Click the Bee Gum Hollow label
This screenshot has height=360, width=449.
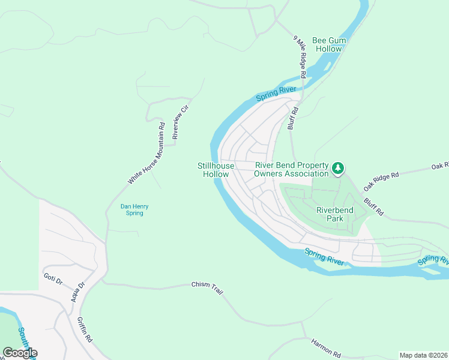[328, 43]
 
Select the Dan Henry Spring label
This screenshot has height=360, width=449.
[134, 209]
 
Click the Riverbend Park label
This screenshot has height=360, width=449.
[334, 214]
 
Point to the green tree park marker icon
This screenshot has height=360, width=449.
[339, 169]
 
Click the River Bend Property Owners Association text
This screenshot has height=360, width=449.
[292, 170]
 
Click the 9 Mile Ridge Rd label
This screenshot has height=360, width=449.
[300, 57]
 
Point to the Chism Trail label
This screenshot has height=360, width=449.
[207, 288]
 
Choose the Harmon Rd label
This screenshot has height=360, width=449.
[326, 347]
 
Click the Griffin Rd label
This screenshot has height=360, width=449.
[84, 329]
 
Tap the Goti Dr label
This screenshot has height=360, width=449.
[53, 279]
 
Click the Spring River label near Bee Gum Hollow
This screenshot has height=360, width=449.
[277, 94]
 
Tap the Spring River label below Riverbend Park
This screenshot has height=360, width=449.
[324, 257]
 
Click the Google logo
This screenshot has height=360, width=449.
[20, 353]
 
